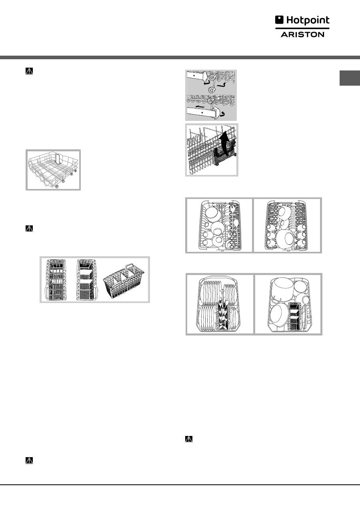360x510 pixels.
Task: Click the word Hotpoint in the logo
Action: click(x=308, y=20)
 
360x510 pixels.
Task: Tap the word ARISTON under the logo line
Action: click(x=302, y=34)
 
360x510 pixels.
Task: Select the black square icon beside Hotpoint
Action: click(x=279, y=20)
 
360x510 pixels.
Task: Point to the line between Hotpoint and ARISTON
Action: click(x=302, y=28)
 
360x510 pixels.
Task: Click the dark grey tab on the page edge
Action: click(x=350, y=78)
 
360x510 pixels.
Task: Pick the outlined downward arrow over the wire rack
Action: click(x=58, y=159)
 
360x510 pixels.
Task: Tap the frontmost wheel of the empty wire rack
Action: click(x=57, y=187)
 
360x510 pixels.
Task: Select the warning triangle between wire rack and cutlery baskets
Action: click(x=29, y=228)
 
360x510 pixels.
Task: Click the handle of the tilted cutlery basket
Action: click(x=130, y=267)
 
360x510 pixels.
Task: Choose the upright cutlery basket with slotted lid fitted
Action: click(x=56, y=280)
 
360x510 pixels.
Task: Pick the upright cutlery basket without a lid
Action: click(x=87, y=280)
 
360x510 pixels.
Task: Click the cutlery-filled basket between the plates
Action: click(x=224, y=315)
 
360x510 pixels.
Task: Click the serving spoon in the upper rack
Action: click(x=237, y=230)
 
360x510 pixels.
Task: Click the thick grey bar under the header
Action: click(x=180, y=57)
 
